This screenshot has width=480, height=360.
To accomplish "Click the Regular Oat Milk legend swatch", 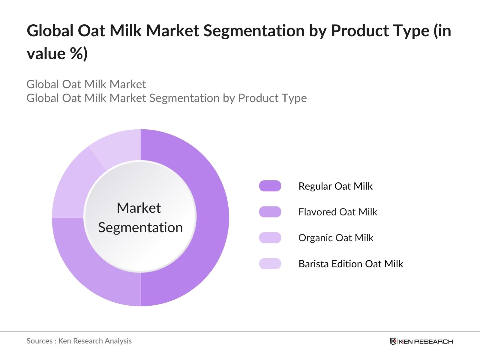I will click(x=270, y=186).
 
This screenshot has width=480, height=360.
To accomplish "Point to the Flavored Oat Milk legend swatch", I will click(x=270, y=212).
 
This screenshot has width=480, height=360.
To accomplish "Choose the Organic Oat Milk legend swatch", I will click(x=270, y=238).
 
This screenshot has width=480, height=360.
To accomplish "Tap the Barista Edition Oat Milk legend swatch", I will click(x=270, y=264).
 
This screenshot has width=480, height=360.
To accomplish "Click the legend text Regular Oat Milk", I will click(x=335, y=186).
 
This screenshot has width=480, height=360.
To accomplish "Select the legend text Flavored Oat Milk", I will click(x=337, y=212).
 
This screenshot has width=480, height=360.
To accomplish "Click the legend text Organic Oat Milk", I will click(x=336, y=238).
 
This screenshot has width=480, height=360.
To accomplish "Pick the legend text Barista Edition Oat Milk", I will click(x=351, y=264).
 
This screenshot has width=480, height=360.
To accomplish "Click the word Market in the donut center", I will click(x=139, y=208).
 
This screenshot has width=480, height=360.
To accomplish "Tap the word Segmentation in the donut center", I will click(x=140, y=227).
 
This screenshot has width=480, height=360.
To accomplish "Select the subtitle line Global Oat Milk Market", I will click(x=86, y=84).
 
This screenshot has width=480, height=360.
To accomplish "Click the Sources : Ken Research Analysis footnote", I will click(x=79, y=341).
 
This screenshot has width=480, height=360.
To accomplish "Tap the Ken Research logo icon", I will click(x=393, y=341).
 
